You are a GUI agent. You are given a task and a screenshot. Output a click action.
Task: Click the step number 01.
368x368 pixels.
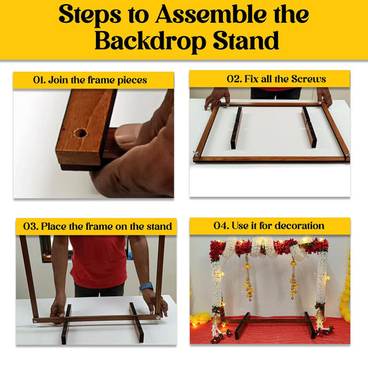point(39,80)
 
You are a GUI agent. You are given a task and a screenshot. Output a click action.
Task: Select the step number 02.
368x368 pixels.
point(235,79)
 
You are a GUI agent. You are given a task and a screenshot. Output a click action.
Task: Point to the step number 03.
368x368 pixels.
point(30,226)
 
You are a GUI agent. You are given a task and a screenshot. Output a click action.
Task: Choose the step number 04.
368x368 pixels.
point(221,226)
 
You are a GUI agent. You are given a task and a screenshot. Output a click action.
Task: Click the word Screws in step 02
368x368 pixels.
point(309,79)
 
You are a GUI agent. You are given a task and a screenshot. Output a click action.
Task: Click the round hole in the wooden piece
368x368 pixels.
point(80,133)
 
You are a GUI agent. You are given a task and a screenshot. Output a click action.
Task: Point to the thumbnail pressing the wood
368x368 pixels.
point(128,135)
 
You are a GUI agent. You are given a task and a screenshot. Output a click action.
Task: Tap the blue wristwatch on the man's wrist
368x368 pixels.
point(146,287)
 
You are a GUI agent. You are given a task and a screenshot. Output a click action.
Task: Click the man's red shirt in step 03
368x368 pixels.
point(98,261)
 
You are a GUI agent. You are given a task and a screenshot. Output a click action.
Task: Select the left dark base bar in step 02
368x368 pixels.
point(236,128)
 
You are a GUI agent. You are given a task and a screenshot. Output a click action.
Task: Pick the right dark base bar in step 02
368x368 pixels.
point(309,127)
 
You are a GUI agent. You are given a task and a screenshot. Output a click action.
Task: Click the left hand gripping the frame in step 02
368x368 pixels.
point(217,99)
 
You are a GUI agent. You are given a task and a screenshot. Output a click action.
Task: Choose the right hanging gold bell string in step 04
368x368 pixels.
point(293,277)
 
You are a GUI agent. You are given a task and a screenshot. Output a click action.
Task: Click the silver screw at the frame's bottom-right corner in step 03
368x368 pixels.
point(158,318)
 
